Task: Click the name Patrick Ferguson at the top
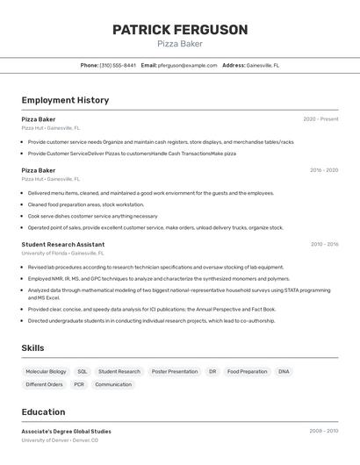pyautogui.click(x=180, y=30)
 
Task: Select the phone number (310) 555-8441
pyautogui.click(x=118, y=65)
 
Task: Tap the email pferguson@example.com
pyautogui.click(x=187, y=65)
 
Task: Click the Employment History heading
pyautogui.click(x=65, y=100)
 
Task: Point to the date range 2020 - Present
pyautogui.click(x=320, y=119)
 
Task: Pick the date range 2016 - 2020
pyautogui.click(x=323, y=170)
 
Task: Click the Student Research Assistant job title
pyautogui.click(x=63, y=245)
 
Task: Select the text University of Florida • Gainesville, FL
pyautogui.click(x=58, y=253)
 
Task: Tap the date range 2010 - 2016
pyautogui.click(x=323, y=245)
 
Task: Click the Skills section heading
pyautogui.click(x=32, y=348)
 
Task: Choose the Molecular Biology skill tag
pyautogui.click(x=46, y=371)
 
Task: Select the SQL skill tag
pyautogui.click(x=82, y=371)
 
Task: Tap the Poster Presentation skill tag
pyautogui.click(x=175, y=371)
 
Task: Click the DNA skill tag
pyautogui.click(x=284, y=371)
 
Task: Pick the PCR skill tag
pyautogui.click(x=79, y=384)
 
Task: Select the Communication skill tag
pyautogui.click(x=113, y=384)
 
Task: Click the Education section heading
pyautogui.click(x=43, y=411)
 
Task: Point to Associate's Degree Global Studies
pyautogui.click(x=67, y=432)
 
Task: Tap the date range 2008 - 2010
pyautogui.click(x=323, y=432)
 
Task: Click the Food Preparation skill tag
pyautogui.click(x=247, y=371)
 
